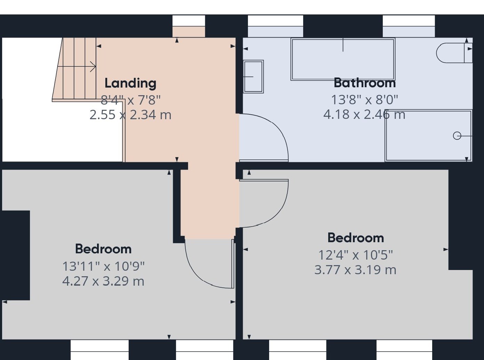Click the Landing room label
[x=130, y=83]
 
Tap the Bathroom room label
[x=365, y=83]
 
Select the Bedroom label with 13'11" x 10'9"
[x=103, y=249]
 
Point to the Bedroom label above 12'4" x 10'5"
[x=356, y=238]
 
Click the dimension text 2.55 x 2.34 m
[x=130, y=115]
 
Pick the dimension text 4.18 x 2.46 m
[x=364, y=115]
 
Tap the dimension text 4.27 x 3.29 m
[x=103, y=281]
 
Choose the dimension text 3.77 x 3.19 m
[x=355, y=270]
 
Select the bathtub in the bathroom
[x=343, y=59]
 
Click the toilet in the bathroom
[x=454, y=53]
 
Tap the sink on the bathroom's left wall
[x=253, y=76]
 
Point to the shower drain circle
[x=457, y=136]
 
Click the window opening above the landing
[x=189, y=26]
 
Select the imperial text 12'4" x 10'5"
[x=355, y=255]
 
